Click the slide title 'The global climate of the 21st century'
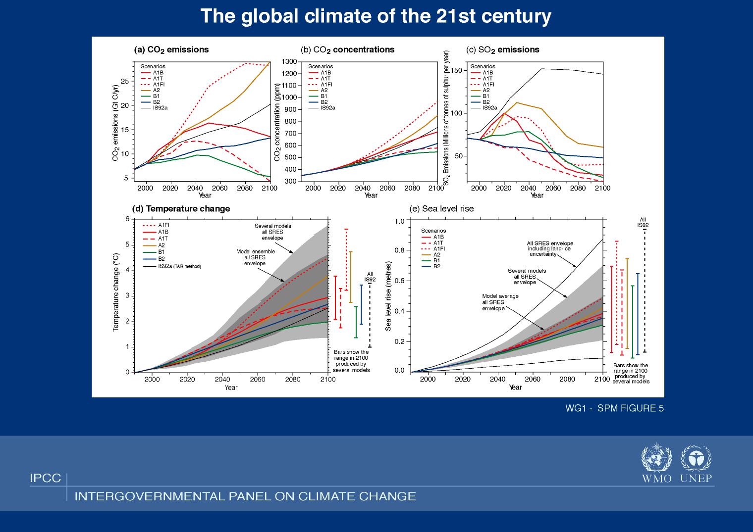pos(376,16)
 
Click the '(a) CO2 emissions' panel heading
pos(171,49)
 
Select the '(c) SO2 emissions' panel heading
pos(503,49)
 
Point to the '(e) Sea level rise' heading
pos(441,209)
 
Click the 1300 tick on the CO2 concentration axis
pos(289,62)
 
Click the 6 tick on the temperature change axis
pos(127,219)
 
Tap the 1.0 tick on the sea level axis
pos(400,221)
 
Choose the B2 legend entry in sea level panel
pos(437,267)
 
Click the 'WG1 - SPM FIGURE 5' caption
pos(614,408)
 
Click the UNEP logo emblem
pos(696,459)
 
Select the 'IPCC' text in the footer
pos(45,479)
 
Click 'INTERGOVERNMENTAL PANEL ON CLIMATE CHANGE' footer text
pos(245,496)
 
